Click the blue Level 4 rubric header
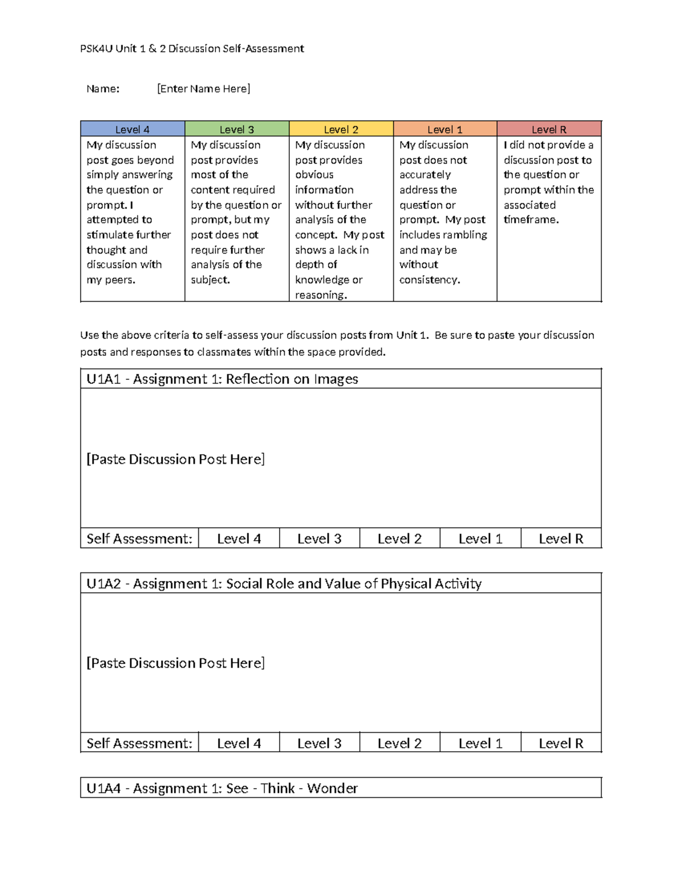[132, 129]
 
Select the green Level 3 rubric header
[236, 129]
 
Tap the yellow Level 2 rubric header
[341, 129]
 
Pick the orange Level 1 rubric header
[445, 129]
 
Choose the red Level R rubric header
[549, 129]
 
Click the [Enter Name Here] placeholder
[203, 89]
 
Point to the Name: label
[103, 89]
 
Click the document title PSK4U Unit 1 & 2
[192, 49]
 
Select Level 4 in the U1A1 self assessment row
[239, 538]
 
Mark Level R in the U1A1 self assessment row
[561, 538]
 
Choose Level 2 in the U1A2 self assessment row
[400, 743]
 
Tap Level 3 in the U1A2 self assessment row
[319, 743]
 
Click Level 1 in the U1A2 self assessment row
[480, 743]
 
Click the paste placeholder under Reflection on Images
[176, 459]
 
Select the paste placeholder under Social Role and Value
[176, 663]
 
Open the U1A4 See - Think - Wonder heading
[222, 788]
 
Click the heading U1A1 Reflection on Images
[222, 379]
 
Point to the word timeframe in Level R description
[531, 220]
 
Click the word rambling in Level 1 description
[465, 235]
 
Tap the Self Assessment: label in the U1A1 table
[139, 538]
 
